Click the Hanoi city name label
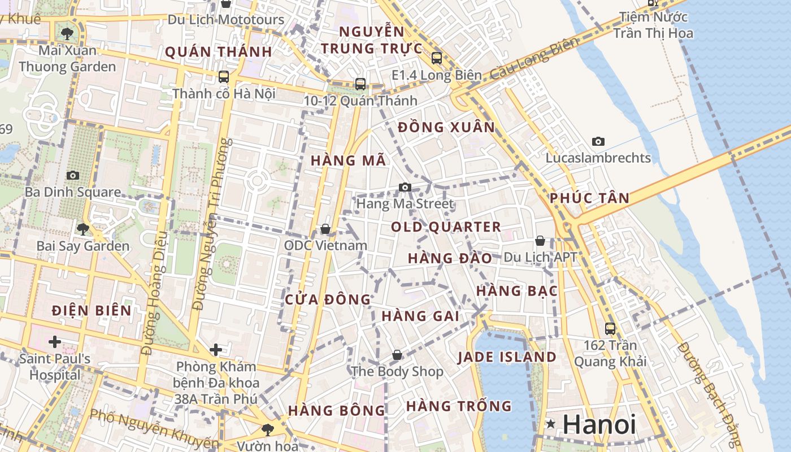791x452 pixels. click(x=599, y=425)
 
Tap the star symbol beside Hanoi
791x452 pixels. click(x=550, y=424)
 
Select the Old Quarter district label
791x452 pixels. click(x=446, y=227)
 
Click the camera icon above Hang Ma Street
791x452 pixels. click(x=405, y=187)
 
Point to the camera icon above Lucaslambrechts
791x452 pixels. click(x=598, y=141)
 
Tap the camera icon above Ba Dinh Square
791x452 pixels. click(x=73, y=175)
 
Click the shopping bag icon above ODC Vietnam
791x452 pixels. click(x=325, y=229)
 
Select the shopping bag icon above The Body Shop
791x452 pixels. click(x=397, y=355)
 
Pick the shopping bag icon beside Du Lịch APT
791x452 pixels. click(x=540, y=241)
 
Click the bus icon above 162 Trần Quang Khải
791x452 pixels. click(x=610, y=328)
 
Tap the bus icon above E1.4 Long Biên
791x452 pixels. click(x=436, y=58)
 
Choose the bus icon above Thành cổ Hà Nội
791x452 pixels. click(x=224, y=76)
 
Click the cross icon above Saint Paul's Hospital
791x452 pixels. click(x=55, y=342)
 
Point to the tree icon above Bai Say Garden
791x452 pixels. click(x=83, y=229)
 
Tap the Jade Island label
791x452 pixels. click(x=507, y=357)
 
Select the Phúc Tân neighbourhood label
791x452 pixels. click(x=589, y=198)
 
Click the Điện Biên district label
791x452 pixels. click(x=92, y=310)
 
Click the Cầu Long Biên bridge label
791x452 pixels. click(x=534, y=58)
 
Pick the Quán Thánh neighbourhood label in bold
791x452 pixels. click(x=219, y=52)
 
